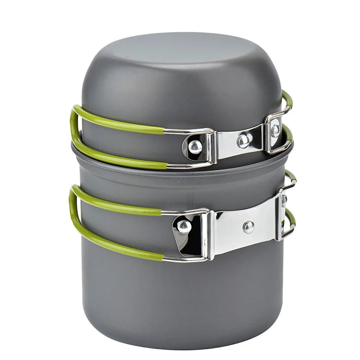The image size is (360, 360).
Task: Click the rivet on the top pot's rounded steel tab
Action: pyautogui.click(x=195, y=147)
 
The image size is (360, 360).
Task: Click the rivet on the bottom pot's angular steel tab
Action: pyautogui.click(x=184, y=226)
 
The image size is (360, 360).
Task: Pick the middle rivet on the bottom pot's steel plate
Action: pyautogui.click(x=248, y=227)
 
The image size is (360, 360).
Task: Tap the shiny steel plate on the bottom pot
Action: pyautogui.click(x=245, y=230)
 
